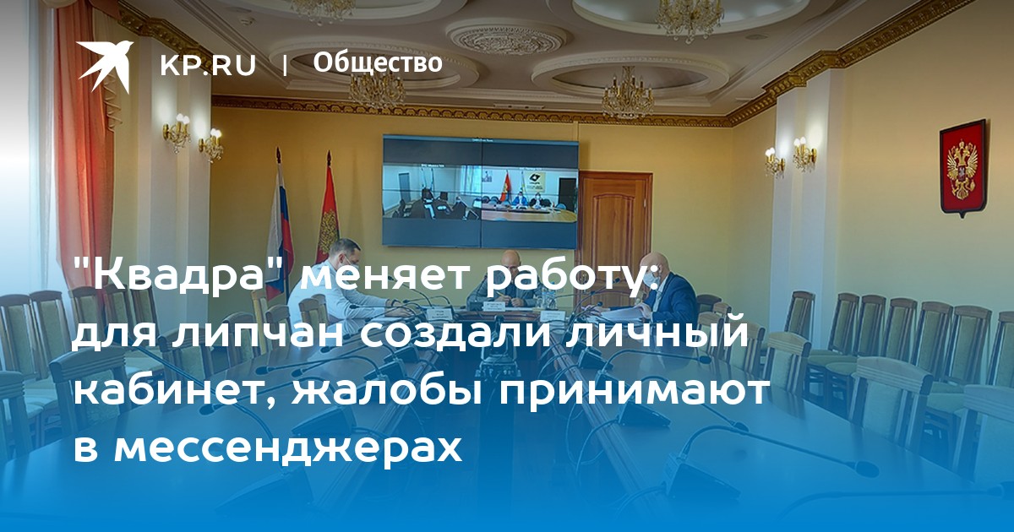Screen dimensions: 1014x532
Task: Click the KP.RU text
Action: (x=208, y=65)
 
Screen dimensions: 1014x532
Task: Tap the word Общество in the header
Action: (x=378, y=63)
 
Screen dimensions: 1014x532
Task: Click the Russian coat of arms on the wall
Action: (x=963, y=168)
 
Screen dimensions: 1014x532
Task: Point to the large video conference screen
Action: (x=480, y=192)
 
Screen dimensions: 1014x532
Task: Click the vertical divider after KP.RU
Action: (x=285, y=65)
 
